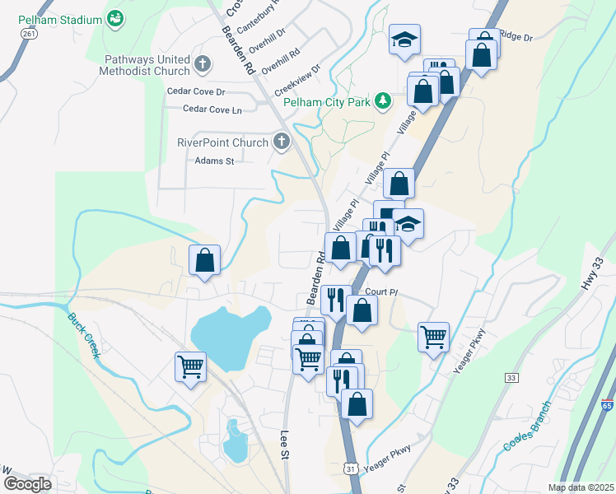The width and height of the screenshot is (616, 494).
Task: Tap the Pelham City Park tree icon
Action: tap(383, 101)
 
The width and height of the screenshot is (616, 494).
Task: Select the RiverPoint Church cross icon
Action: tap(281, 142)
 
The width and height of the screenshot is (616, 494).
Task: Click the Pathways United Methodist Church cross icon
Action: tap(203, 63)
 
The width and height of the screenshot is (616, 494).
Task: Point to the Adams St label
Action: tap(214, 161)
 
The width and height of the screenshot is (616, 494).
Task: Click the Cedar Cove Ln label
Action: tap(212, 109)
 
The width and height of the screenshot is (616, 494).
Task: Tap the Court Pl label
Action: tap(381, 292)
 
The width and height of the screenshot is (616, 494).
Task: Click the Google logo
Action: tap(26, 484)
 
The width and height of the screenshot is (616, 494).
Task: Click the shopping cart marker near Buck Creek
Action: tap(191, 366)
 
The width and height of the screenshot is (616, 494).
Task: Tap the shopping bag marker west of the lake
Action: tap(205, 260)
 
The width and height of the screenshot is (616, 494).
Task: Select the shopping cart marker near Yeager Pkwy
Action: tap(433, 336)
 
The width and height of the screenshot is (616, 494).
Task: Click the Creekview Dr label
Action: tap(296, 74)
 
